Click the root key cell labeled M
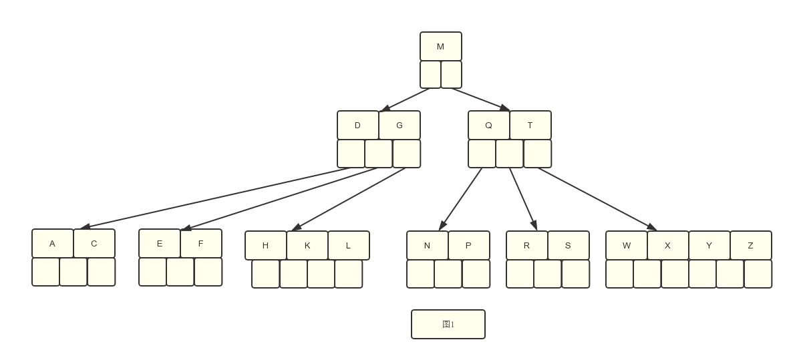click(441, 47)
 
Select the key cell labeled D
click(357, 125)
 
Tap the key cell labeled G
click(400, 125)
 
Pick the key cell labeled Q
click(488, 125)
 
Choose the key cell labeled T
click(530, 125)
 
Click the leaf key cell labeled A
click(53, 244)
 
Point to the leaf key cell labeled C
click(94, 244)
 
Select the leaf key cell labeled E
click(160, 244)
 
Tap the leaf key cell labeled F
click(201, 244)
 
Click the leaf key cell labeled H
click(266, 245)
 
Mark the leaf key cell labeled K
click(307, 245)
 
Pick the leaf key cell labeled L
click(349, 245)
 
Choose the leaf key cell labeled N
click(428, 245)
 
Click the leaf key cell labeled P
click(469, 245)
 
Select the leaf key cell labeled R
click(527, 245)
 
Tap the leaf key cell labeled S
click(569, 245)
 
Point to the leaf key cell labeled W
click(627, 245)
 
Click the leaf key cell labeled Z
click(751, 245)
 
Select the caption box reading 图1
click(448, 325)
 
